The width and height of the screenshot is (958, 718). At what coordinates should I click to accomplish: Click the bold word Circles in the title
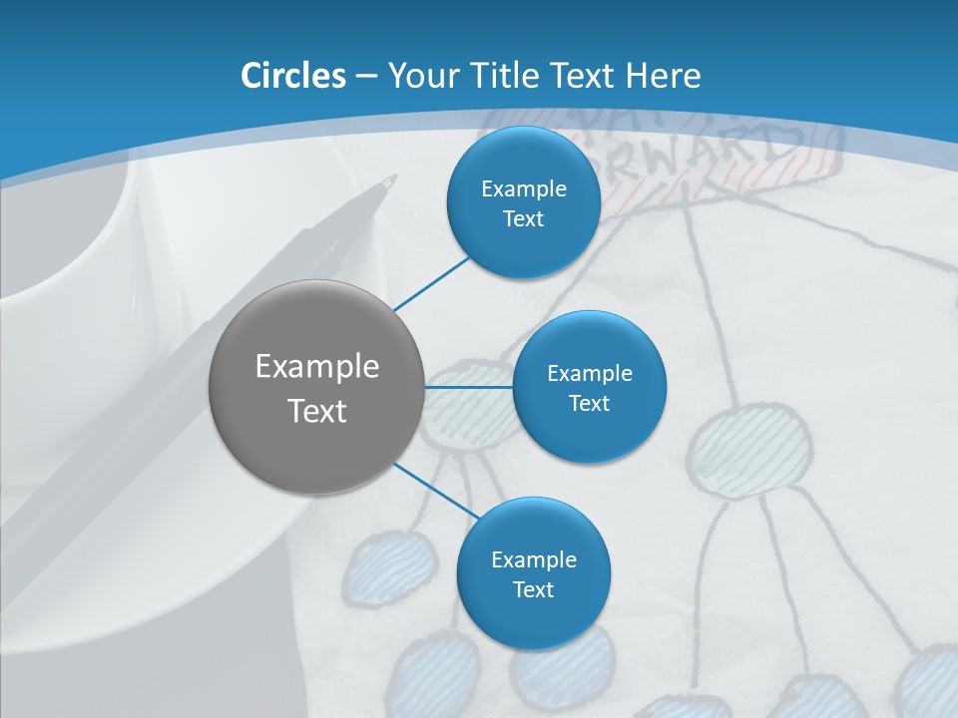click(292, 75)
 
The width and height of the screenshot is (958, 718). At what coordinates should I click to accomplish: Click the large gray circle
click(315, 387)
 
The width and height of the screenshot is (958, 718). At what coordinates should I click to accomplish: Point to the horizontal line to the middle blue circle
click(469, 386)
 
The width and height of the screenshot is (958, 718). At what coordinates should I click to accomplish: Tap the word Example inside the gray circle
click(316, 366)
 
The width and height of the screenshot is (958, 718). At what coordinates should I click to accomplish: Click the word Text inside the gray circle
click(316, 410)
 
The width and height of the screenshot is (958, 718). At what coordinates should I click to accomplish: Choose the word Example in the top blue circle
click(523, 188)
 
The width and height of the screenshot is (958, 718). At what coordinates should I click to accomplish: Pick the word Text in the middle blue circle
click(589, 403)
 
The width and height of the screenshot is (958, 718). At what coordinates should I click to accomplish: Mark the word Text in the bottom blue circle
click(533, 589)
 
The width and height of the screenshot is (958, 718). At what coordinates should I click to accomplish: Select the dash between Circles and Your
click(365, 76)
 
